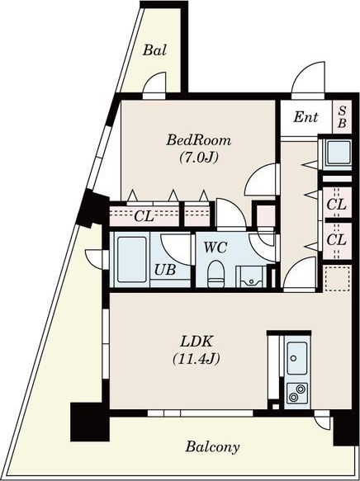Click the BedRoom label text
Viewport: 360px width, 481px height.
198,140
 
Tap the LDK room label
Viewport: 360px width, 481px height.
197,342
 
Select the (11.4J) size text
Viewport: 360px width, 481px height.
197,359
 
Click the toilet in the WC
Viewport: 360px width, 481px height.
216,274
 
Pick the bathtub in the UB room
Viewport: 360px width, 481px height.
131,260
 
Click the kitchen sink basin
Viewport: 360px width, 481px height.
296,358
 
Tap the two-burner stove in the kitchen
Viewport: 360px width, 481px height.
297,393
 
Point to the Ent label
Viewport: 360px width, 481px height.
306,117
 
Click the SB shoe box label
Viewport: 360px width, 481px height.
342,117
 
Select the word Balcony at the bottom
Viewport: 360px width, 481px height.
212,447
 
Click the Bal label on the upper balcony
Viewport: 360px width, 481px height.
154,50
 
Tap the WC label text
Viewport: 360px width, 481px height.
216,248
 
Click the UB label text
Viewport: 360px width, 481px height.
165,270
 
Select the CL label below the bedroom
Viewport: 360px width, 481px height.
144,216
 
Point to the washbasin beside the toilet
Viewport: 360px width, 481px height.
251,277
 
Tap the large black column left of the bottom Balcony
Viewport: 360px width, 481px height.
90,422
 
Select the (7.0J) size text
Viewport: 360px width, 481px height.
198,158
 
